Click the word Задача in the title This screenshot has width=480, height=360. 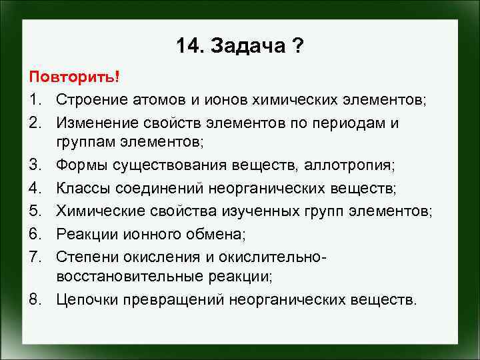pyautogui.click(x=247, y=46)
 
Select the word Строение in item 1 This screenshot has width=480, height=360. pyautogui.click(x=89, y=99)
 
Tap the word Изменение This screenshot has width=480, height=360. pyautogui.click(x=95, y=123)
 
